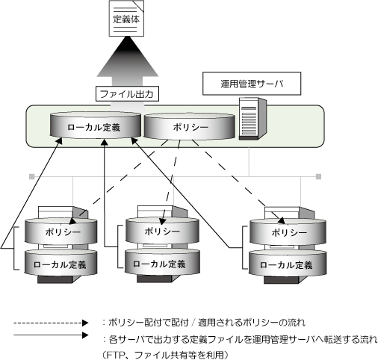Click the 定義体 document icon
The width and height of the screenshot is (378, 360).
tap(126, 18)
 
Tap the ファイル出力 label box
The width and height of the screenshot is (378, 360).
tap(127, 94)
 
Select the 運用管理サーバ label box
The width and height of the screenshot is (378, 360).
tap(252, 84)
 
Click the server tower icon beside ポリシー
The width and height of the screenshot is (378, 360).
tap(252, 119)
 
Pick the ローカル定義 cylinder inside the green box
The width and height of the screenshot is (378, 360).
tap(95, 125)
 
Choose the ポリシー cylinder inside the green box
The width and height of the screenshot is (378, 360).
tap(190, 126)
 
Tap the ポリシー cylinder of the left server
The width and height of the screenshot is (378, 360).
tap(61, 232)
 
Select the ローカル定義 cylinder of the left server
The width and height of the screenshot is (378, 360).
tap(61, 263)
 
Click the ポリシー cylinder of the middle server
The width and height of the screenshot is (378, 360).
tap(162, 231)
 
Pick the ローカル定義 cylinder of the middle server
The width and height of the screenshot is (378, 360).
tap(162, 263)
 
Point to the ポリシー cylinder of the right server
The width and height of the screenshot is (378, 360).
tap(288, 232)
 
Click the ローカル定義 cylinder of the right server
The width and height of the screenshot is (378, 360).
tap(288, 264)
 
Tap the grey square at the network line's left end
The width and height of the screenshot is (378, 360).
tap(31, 176)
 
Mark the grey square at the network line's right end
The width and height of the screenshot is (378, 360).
tap(318, 176)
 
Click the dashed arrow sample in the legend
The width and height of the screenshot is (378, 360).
tap(51, 323)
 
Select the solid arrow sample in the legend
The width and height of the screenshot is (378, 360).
tap(51, 335)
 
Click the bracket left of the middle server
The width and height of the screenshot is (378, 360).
tap(120, 246)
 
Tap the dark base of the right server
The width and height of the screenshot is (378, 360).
tap(281, 280)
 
